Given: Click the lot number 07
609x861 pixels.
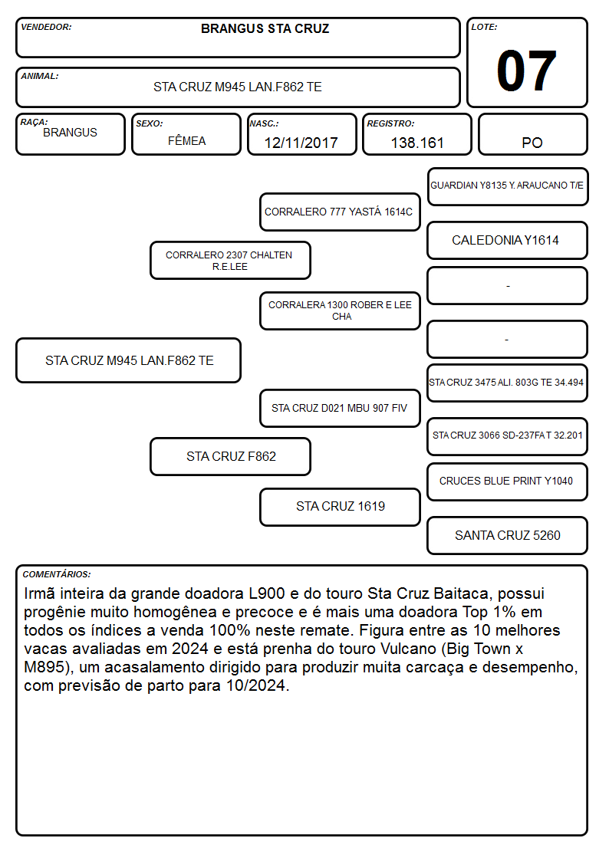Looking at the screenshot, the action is point(526,71).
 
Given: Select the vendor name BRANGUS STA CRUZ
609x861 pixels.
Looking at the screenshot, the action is point(265,28).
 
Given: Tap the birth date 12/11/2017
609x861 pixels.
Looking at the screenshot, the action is point(301,143).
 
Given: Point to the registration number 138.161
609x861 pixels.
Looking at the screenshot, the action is point(416,143).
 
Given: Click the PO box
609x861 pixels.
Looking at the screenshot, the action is point(532,134).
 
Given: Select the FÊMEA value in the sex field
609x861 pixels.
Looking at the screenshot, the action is point(186,140).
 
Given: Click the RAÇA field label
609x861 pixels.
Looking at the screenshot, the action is point(34,122).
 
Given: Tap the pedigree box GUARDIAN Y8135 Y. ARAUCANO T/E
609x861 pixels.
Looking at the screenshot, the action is point(508,187).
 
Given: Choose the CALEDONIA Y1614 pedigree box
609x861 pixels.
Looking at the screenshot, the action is point(508,241).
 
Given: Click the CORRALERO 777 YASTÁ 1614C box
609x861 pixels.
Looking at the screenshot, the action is point(340,212).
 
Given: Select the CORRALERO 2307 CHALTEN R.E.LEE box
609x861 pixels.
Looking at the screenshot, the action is point(230,260).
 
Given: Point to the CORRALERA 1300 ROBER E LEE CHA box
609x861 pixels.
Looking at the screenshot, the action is point(340,311).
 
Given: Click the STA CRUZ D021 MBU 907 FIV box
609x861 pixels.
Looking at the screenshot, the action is point(340,408).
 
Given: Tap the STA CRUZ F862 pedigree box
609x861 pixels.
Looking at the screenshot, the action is point(230,456).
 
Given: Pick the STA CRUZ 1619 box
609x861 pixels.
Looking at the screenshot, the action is point(340,507).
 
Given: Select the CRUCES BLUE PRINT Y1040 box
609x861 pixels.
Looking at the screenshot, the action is point(508,481).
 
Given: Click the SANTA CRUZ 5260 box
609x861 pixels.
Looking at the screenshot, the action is point(508,535).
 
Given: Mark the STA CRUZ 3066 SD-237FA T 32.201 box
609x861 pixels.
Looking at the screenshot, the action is point(508,436).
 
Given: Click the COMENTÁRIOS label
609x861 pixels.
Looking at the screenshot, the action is point(57,574).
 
